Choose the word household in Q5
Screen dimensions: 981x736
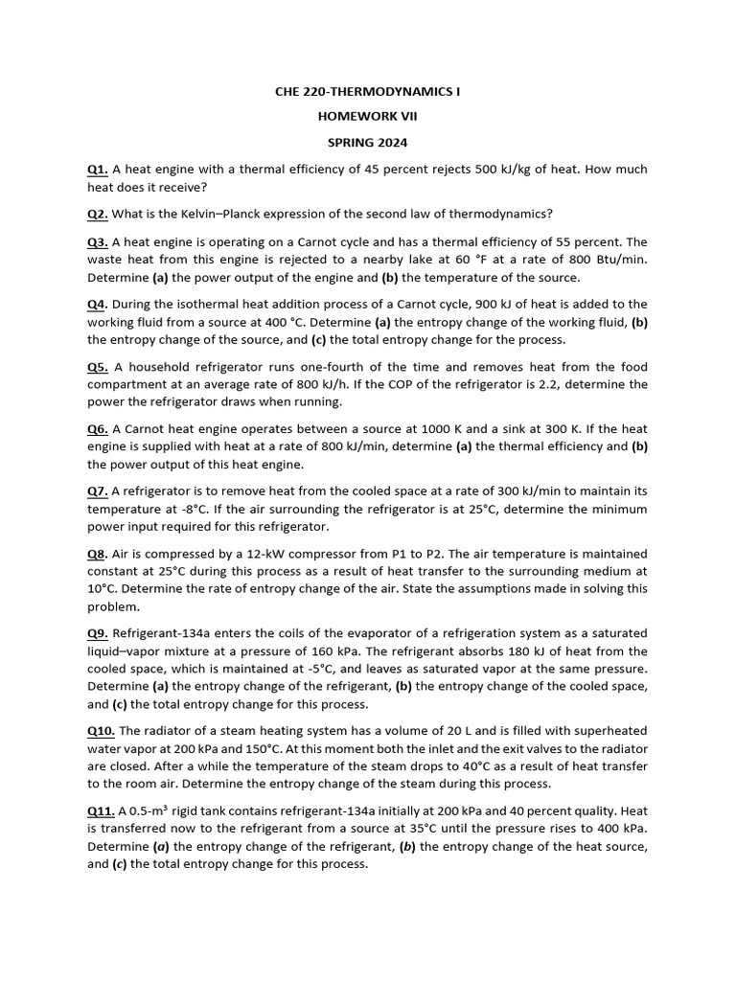point(173,367)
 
